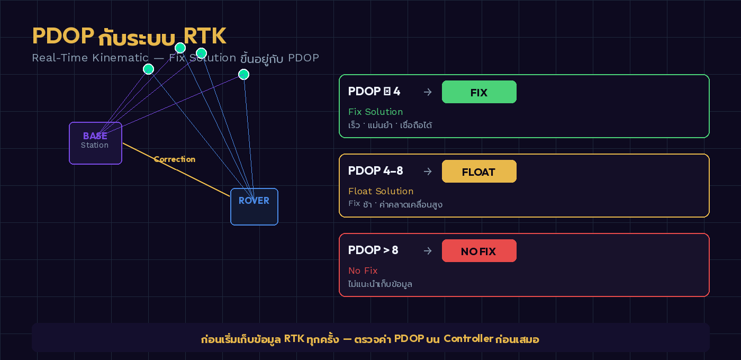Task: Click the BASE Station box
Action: pos(95,143)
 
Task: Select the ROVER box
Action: pos(254,206)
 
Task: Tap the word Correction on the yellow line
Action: pos(175,159)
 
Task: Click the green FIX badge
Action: pos(479,92)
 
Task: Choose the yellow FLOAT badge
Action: pos(479,172)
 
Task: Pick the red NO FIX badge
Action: pos(479,251)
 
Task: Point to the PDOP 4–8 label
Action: pos(375,171)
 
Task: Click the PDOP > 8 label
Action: pos(373,250)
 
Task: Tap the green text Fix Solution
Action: pos(375,112)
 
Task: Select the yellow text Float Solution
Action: pos(381,191)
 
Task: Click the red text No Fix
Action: pos(363,271)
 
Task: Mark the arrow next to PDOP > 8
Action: pos(428,251)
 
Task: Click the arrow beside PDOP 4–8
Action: pos(428,172)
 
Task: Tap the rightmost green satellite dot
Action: pos(243,74)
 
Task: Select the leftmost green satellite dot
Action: pos(148,69)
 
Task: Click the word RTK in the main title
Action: pos(205,36)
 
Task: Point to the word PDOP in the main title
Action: pos(63,36)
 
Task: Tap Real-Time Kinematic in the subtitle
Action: pos(90,58)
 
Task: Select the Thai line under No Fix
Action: pos(380,284)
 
